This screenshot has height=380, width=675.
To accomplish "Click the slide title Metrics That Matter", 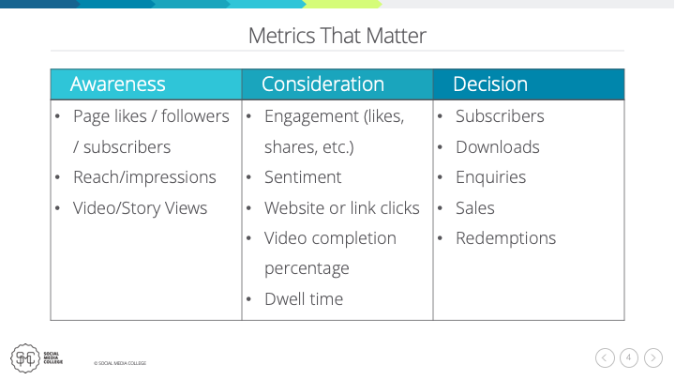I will [x=337, y=37].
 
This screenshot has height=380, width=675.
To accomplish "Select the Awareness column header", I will [x=118, y=84].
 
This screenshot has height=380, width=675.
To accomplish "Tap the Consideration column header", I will [x=322, y=84].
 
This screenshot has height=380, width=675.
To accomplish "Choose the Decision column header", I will [x=489, y=84].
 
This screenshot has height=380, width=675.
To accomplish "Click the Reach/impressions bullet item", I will [x=144, y=177].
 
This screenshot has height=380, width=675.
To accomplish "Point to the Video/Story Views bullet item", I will [x=140, y=207].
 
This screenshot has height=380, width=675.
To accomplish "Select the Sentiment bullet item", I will [x=303, y=177].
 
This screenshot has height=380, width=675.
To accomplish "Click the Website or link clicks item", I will [x=341, y=207].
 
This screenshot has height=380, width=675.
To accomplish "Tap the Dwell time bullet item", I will [x=304, y=299].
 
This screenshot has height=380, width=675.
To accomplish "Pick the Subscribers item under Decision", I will [x=500, y=116].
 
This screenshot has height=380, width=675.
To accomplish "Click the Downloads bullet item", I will [x=497, y=147].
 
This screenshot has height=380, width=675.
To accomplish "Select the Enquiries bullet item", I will [x=492, y=177].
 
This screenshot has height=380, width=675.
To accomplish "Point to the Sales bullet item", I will [x=474, y=207].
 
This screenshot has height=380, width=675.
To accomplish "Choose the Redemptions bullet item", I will [x=505, y=238].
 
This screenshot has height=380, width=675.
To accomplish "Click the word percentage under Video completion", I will [x=307, y=268].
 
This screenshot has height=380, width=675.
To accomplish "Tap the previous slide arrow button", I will [x=605, y=357].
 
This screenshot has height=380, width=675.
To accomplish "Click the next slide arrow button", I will [x=653, y=357].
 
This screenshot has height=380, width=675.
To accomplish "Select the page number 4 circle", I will [x=629, y=357].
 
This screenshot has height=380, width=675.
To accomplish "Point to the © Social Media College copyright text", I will [x=119, y=363].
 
